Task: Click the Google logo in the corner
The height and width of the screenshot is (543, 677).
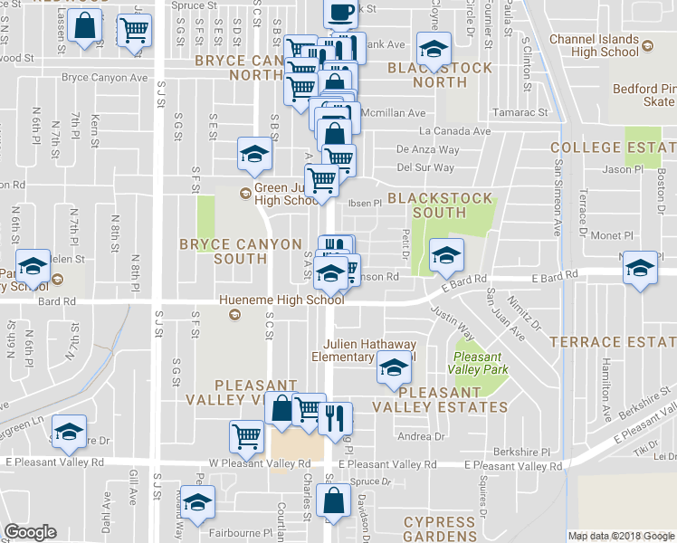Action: point(30,532)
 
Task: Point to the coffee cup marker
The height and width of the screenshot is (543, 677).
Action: point(340,14)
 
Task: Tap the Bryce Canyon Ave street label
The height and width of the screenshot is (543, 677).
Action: point(104,78)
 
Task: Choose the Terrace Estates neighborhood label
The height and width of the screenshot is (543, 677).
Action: point(614,341)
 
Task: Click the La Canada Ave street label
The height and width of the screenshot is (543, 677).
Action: point(448,130)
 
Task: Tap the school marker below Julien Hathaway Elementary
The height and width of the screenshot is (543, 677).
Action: point(394,369)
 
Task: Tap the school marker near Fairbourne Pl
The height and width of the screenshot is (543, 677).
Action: point(196,502)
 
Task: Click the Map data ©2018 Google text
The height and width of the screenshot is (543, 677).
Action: point(621,536)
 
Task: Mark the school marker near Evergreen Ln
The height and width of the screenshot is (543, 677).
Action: point(69,433)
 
